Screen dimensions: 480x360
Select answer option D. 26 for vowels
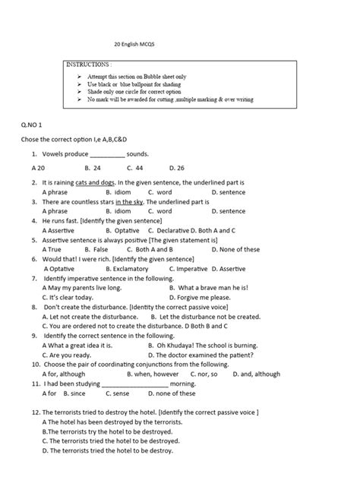177,166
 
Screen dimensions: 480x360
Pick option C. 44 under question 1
135,166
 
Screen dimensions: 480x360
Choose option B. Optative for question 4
112,230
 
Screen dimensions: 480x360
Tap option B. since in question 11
75,393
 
